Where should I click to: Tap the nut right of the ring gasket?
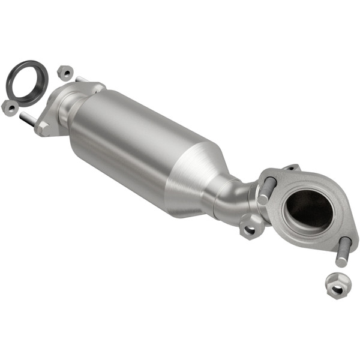[65, 73]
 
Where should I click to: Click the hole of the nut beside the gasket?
[65, 73]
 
